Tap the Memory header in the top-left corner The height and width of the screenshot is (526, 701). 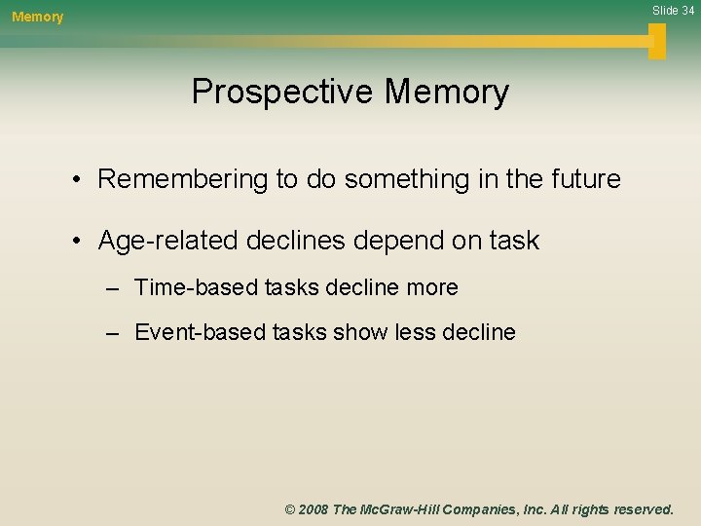[37, 17]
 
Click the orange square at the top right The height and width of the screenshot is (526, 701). [657, 41]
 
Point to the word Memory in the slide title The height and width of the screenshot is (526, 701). [446, 92]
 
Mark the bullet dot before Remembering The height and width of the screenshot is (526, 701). [74, 180]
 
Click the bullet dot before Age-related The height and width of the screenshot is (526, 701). [74, 242]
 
